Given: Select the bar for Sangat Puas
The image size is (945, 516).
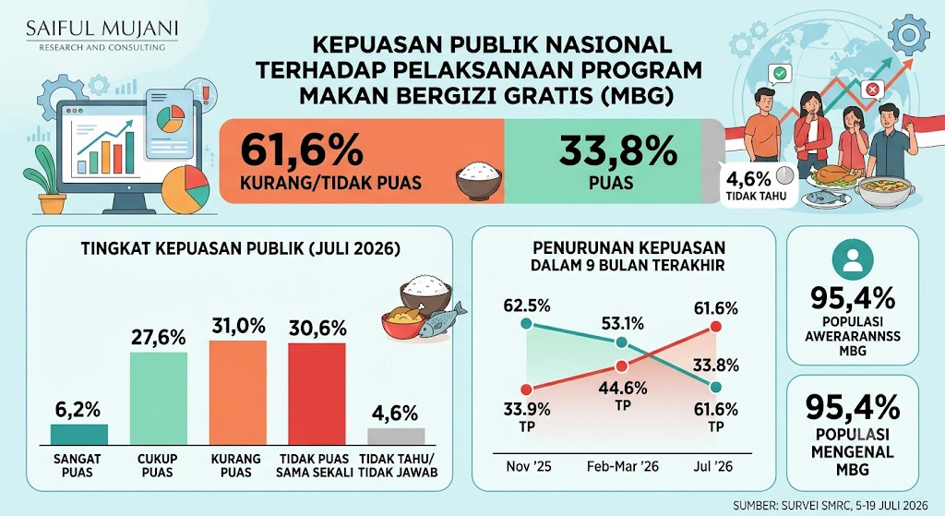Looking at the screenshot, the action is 79,435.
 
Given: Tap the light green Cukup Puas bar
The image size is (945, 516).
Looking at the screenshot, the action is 159,399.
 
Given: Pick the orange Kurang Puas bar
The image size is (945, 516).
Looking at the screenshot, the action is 237,392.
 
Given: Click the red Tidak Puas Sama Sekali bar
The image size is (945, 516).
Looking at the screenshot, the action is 317,394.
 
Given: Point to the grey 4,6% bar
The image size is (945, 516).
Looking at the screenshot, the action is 396,437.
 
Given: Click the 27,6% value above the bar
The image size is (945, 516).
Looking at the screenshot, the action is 159,338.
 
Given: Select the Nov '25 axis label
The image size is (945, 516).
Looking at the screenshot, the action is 529,466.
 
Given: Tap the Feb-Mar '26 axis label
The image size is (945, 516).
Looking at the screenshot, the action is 623,466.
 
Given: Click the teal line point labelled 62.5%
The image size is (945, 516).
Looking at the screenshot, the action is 526,324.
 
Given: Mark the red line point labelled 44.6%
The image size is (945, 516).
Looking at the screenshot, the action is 622,366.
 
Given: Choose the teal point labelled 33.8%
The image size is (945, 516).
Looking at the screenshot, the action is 715,387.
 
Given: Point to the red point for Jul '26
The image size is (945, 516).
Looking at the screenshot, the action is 715,327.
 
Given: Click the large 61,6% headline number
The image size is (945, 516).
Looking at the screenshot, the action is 302,150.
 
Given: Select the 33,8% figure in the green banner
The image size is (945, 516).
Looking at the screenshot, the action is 617,150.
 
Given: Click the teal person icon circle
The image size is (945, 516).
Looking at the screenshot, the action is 853,259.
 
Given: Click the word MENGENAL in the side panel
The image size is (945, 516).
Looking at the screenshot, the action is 852,452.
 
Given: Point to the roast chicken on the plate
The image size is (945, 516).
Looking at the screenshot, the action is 834,175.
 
